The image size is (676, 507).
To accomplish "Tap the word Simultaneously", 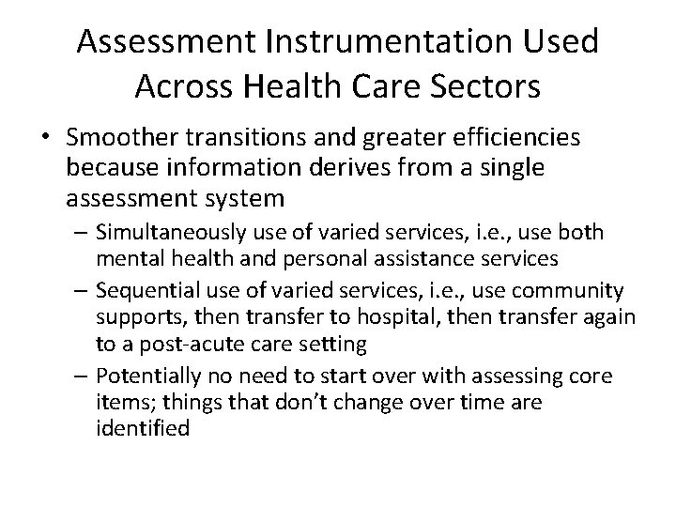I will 197,232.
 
